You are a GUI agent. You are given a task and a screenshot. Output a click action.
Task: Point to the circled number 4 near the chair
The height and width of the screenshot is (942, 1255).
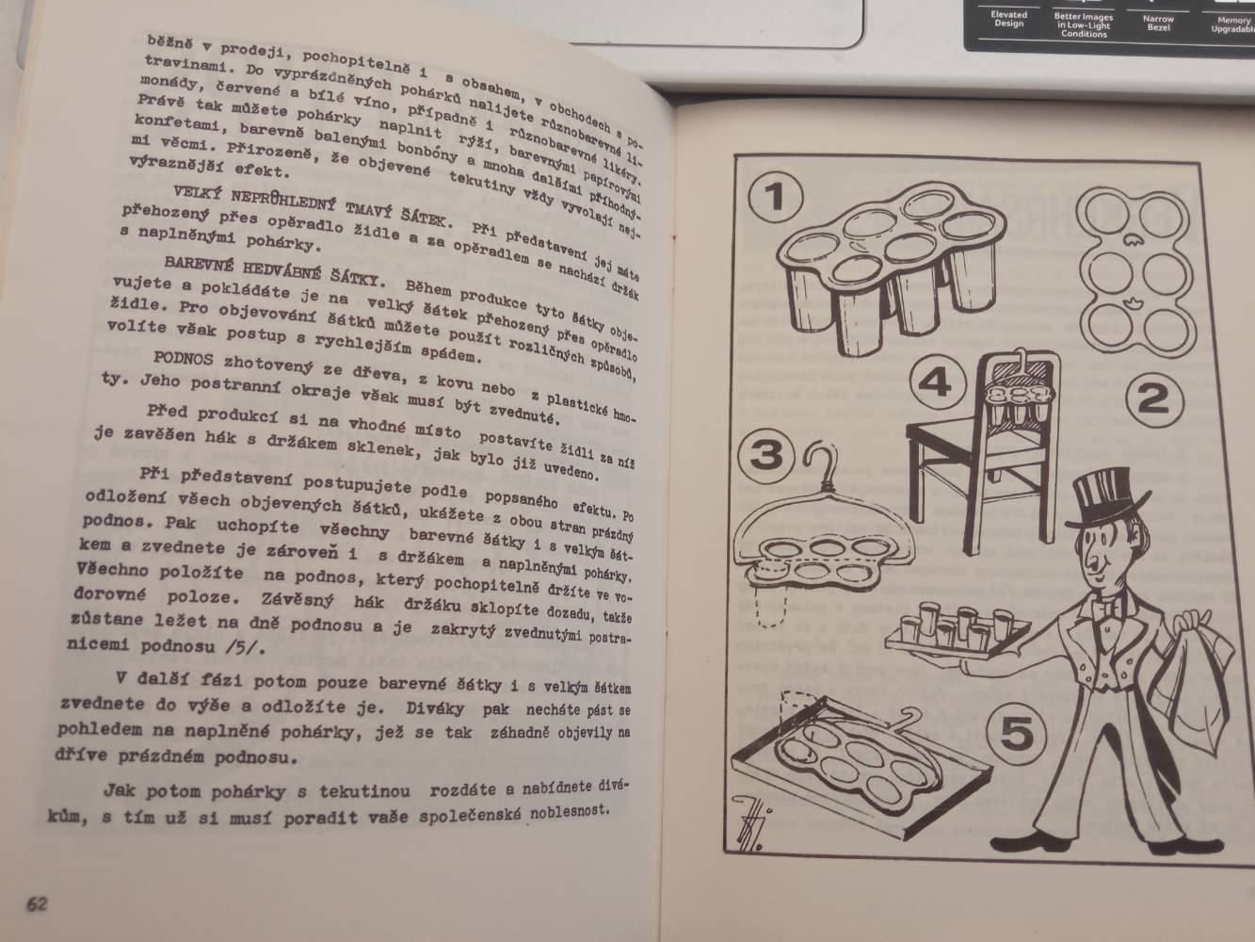[x=937, y=382]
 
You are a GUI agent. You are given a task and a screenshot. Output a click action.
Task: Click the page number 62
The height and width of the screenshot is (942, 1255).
[x=37, y=903]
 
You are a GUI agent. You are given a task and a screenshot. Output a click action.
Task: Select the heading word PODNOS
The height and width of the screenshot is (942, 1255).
[x=184, y=359]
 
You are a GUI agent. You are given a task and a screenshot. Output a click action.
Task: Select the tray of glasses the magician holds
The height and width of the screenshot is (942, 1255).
[x=956, y=636]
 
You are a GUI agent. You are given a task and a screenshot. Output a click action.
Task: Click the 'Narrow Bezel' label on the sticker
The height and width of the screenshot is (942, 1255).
[x=1158, y=23]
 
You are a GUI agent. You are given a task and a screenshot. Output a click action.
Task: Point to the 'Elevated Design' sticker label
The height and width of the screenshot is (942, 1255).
[x=1008, y=19]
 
